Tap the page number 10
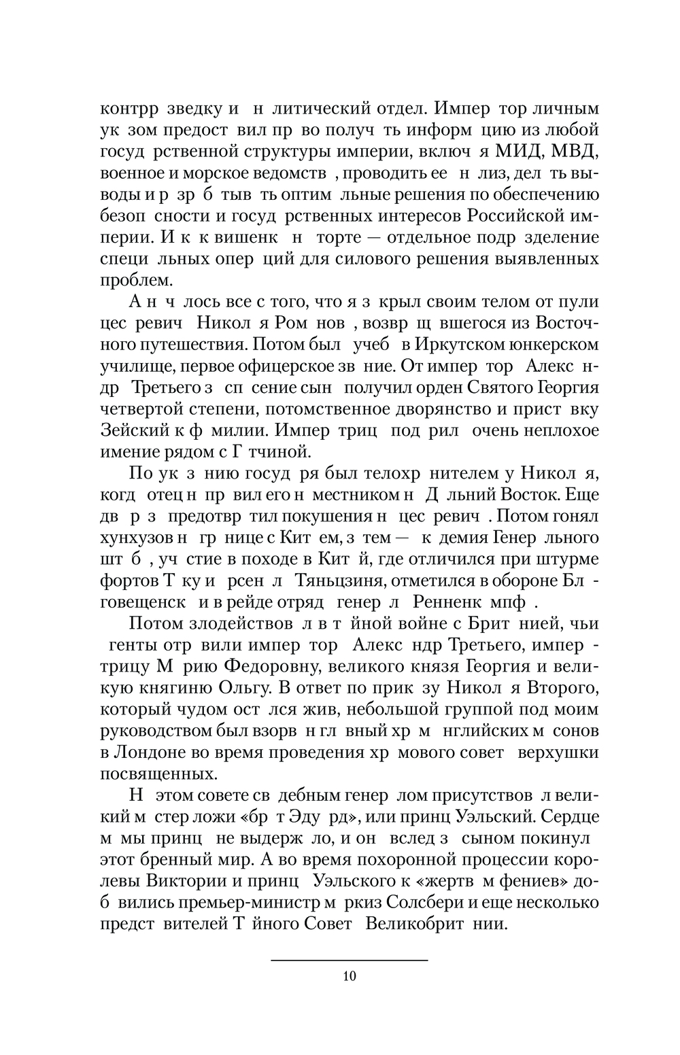tap(350, 978)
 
